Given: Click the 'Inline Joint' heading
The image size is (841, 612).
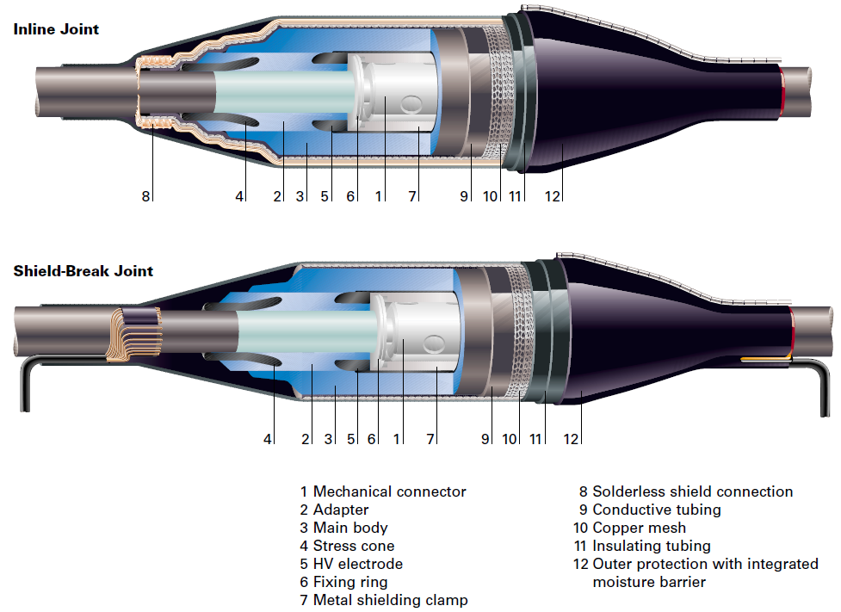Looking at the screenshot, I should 56,29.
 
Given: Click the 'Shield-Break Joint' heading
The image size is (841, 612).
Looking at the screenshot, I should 83,271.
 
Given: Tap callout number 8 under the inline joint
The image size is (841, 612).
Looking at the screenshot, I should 145,197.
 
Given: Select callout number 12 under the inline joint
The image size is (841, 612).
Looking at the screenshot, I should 553,197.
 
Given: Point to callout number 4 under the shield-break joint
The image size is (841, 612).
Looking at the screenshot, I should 268,439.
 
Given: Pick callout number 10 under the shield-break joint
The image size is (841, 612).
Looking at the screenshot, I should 510,439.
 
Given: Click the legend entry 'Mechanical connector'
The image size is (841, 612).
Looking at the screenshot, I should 389,492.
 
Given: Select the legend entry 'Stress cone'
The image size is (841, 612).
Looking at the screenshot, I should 353,547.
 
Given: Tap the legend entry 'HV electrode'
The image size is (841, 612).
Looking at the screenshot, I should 357,565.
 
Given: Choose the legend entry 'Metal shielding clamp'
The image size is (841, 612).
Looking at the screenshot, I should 390,601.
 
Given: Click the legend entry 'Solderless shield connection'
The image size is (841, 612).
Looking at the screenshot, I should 692,492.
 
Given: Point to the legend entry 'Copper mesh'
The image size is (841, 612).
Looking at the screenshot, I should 639,528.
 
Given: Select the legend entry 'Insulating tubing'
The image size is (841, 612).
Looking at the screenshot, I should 651,547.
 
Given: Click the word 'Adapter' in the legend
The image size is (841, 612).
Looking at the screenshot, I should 341,510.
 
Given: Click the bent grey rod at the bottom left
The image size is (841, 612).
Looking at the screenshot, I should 22,379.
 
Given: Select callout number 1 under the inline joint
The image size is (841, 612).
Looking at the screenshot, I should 378,197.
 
